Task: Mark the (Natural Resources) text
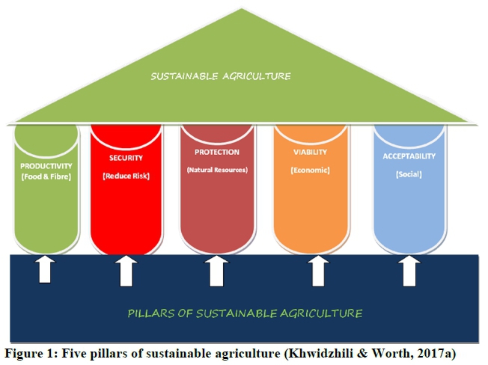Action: click(216, 170)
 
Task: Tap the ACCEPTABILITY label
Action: click(409, 157)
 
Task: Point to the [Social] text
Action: click(409, 174)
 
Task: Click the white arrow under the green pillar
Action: click(46, 269)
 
